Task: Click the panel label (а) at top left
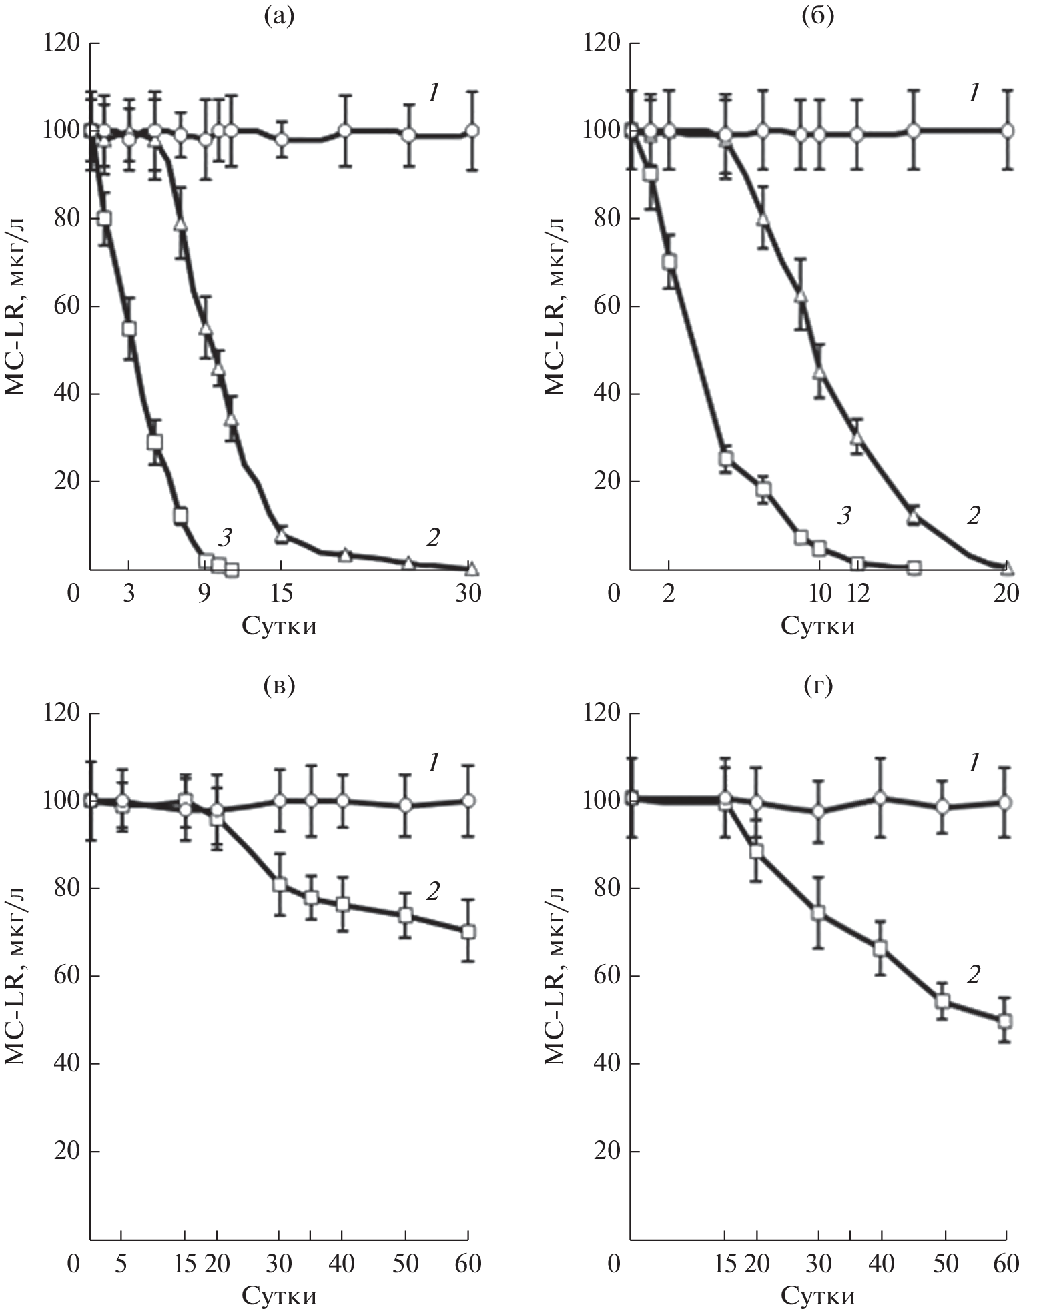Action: pos(279,15)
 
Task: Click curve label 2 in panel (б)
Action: pos(974,515)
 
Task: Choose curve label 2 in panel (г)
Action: pos(974,975)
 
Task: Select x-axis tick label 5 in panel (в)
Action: pos(121,1264)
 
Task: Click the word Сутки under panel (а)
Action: pos(279,626)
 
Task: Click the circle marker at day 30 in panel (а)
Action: pos(472,131)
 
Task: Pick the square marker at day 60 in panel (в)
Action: pos(468,932)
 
